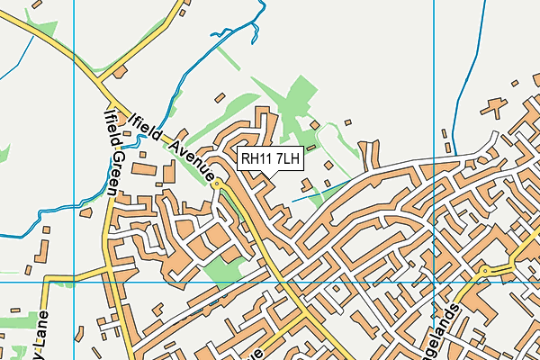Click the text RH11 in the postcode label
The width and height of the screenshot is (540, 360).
pyautogui.click(x=256, y=159)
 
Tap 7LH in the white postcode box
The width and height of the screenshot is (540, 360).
pyautogui.click(x=287, y=159)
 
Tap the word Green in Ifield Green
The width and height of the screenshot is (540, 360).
pyautogui.click(x=117, y=172)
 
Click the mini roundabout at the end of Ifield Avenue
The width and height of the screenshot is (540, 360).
pyautogui.click(x=217, y=182)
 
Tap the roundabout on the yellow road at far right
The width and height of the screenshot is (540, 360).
pyautogui.click(x=484, y=270)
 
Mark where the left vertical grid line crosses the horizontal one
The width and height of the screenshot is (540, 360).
pyautogui.click(x=74, y=282)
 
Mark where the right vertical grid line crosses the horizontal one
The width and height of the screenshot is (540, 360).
pyautogui.click(x=434, y=282)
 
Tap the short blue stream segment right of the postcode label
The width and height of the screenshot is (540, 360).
pyautogui.click(x=310, y=193)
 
